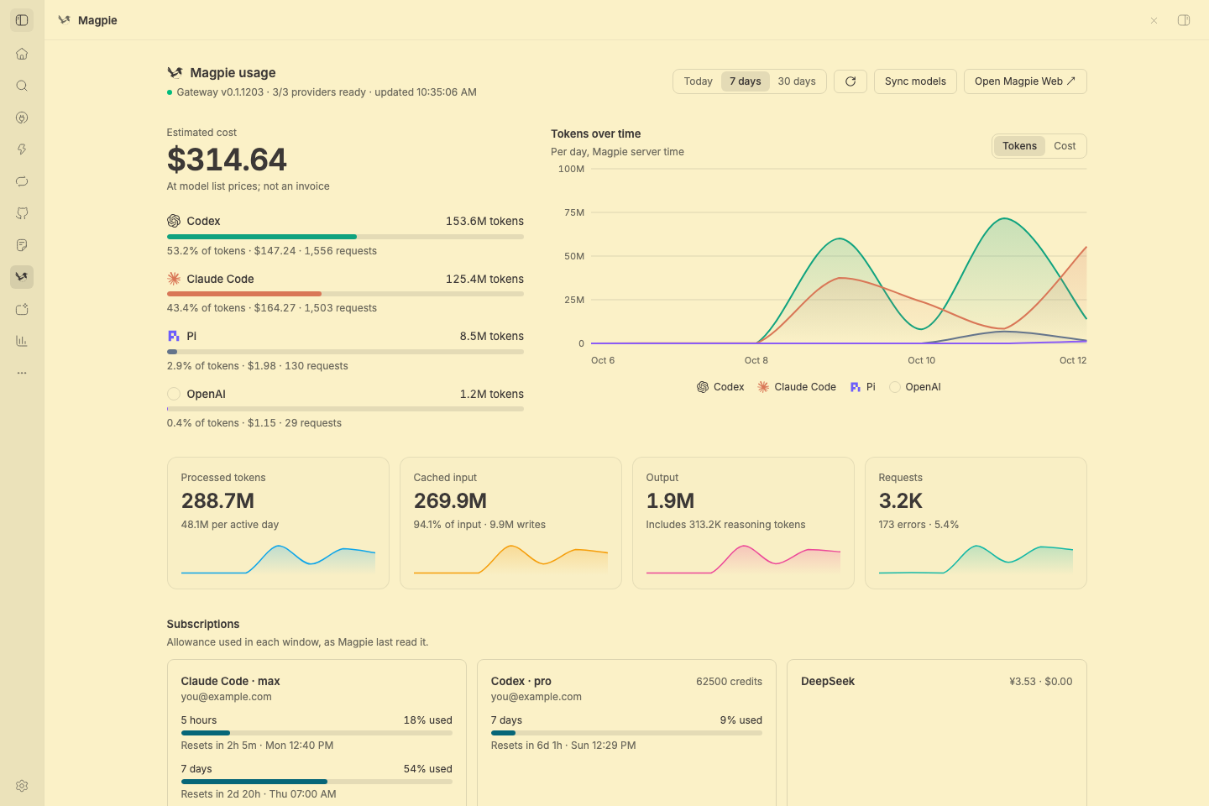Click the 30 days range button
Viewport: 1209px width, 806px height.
point(796,81)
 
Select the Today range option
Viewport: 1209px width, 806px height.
point(698,81)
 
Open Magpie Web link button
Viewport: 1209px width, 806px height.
point(1025,81)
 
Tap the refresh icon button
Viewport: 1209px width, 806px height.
point(850,81)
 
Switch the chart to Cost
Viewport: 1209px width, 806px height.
point(1065,146)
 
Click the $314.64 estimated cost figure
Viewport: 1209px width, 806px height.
point(227,160)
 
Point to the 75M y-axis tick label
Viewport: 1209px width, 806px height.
point(573,212)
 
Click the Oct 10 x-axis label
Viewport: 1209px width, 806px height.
point(921,360)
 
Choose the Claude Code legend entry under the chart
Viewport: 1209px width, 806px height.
point(796,386)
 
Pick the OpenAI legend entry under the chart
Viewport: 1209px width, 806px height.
point(915,386)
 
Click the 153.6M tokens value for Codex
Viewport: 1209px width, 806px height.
point(484,221)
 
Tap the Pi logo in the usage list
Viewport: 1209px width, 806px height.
point(173,336)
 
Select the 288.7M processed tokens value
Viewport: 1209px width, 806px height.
point(217,500)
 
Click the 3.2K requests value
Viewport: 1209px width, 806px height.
point(900,500)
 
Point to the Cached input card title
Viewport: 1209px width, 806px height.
point(445,477)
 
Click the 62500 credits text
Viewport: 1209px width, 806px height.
point(729,681)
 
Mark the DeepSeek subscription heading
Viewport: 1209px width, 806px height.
point(828,681)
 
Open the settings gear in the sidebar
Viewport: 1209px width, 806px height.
point(22,786)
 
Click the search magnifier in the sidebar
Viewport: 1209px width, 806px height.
point(22,86)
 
